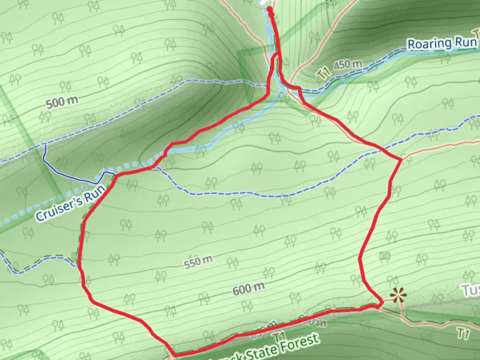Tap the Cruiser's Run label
click(71, 203)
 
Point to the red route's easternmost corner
click(401, 160)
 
